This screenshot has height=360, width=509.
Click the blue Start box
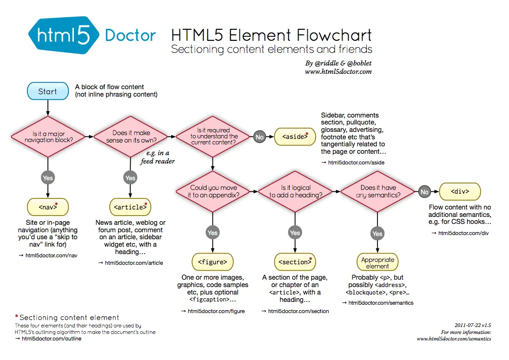[47, 92]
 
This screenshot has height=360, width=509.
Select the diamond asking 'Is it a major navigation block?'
[48, 137]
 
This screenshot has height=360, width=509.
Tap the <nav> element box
[48, 207]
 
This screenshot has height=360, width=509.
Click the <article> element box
[131, 207]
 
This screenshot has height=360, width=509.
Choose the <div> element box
[460, 191]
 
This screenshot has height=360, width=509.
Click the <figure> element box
[212, 262]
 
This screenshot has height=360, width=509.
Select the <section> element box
[295, 262]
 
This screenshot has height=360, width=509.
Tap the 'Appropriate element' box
[377, 263]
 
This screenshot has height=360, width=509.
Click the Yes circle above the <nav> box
[48, 177]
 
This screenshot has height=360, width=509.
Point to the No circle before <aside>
[259, 137]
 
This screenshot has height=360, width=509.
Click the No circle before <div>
[424, 191]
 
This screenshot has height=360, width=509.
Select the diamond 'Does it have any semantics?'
[377, 191]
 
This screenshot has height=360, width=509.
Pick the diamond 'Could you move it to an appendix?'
[213, 191]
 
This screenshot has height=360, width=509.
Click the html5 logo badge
[64, 35]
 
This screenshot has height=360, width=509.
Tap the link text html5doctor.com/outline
[51, 339]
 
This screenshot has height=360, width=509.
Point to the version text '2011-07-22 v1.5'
[472, 325]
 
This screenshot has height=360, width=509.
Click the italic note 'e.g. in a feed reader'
[158, 157]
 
